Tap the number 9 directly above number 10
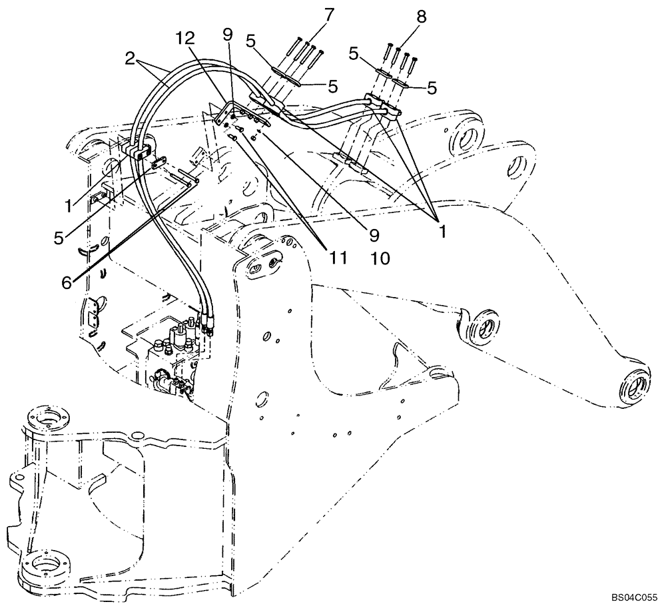click(374, 234)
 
